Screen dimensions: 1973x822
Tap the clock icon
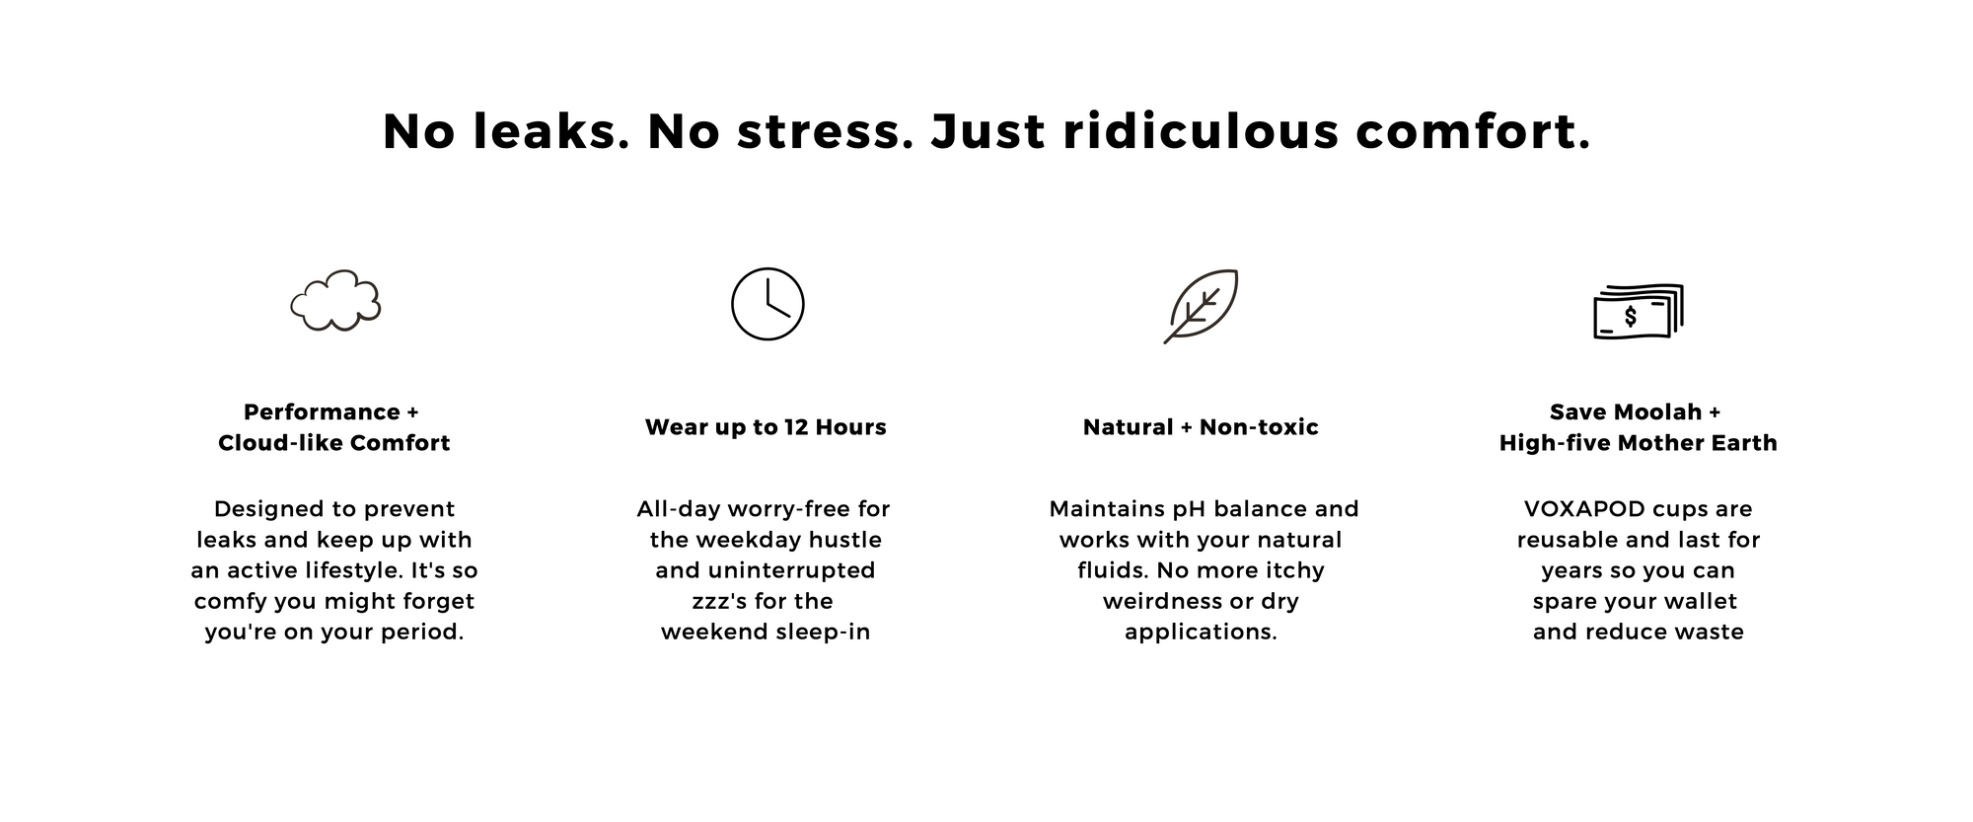767,268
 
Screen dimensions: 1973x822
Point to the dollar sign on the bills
1631,317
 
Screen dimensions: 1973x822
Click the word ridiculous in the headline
1201,131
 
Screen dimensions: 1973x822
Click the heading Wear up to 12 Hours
766,427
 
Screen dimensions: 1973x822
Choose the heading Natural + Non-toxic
1201,427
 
